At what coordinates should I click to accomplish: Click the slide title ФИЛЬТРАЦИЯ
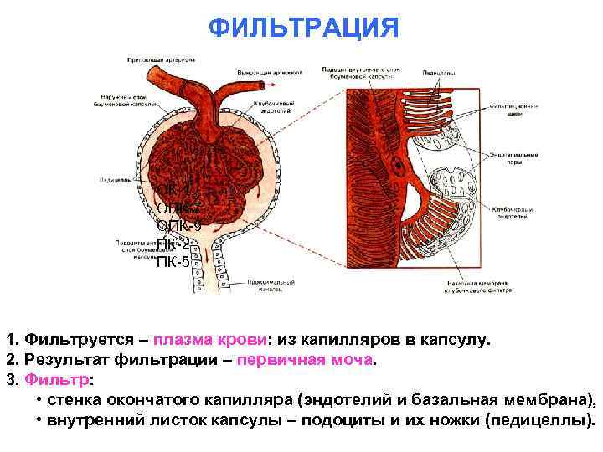point(303,28)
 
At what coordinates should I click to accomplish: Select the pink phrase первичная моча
point(307,361)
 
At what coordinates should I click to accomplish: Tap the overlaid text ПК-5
point(173,264)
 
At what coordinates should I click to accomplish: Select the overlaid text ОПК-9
point(178,226)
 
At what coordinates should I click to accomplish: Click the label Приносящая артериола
point(162,60)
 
